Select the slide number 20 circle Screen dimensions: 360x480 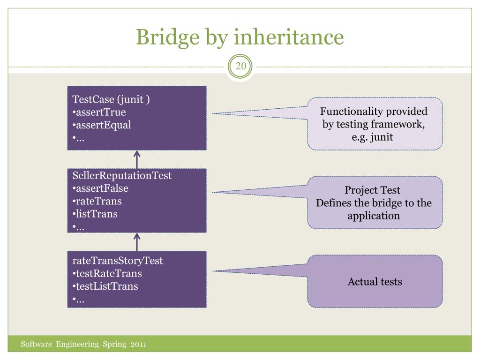[x=240, y=67]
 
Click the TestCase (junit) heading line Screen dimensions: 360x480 [x=111, y=99]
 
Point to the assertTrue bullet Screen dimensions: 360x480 [x=99, y=112]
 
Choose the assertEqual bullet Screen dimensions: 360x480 [x=102, y=125]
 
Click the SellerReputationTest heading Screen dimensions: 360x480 [x=122, y=176]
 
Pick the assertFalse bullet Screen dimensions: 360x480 [x=100, y=188]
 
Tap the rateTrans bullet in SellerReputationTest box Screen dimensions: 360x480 [x=97, y=201]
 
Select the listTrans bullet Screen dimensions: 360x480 [x=95, y=214]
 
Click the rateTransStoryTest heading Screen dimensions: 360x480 [x=118, y=261]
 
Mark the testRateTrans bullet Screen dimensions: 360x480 [x=107, y=273]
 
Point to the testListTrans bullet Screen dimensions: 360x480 [x=105, y=286]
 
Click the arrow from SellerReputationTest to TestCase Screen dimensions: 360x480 [x=137, y=159]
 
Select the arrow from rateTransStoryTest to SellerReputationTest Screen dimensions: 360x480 [x=137, y=242]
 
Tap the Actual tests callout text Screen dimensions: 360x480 [x=375, y=282]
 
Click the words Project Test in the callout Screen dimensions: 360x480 [x=373, y=190]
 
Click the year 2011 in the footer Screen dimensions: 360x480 [x=138, y=345]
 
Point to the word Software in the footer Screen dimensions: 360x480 [x=36, y=345]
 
